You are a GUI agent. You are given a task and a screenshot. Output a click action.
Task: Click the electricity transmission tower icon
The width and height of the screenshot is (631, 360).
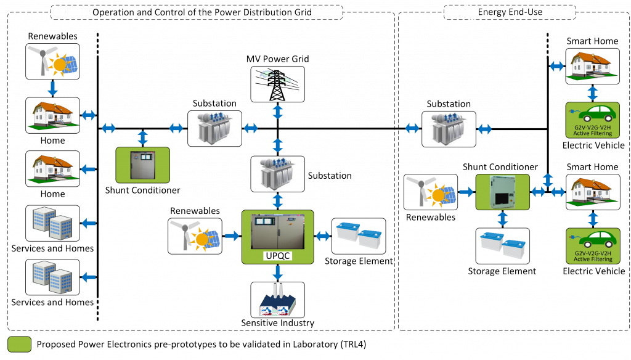click(x=277, y=84)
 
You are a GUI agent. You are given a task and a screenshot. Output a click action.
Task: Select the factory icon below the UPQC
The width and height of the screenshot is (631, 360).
click(x=277, y=300)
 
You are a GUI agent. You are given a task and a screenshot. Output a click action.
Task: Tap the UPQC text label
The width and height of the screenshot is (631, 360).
click(x=277, y=255)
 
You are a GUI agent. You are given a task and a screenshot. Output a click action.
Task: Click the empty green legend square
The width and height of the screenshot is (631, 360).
click(x=19, y=344)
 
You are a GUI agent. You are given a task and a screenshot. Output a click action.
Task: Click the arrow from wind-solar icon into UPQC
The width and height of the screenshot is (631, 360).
click(x=232, y=236)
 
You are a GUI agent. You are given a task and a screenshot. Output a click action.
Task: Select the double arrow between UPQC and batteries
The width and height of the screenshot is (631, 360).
click(x=323, y=236)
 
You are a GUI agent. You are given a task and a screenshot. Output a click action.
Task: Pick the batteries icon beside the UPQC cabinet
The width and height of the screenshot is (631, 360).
click(x=359, y=236)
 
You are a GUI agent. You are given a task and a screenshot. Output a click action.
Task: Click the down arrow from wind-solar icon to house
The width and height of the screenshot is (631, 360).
click(x=52, y=88)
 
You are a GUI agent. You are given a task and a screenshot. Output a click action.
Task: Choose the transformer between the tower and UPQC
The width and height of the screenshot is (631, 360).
click(x=277, y=173)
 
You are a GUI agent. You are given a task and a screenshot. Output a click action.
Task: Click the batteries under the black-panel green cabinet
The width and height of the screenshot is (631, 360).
click(x=502, y=246)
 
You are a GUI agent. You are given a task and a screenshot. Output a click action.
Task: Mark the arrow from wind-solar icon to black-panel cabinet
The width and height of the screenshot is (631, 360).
click(x=466, y=192)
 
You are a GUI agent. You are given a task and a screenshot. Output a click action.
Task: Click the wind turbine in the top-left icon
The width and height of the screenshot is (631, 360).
click(x=42, y=60)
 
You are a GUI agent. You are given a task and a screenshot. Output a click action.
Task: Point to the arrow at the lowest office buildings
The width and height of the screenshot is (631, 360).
click(x=89, y=277)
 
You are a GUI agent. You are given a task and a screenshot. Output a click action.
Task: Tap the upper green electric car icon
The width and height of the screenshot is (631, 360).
click(x=592, y=115)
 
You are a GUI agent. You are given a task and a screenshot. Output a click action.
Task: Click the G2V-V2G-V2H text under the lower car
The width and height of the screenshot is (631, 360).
click(x=592, y=253)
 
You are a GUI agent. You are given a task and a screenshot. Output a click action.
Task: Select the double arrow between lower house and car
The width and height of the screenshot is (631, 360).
click(x=592, y=219)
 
